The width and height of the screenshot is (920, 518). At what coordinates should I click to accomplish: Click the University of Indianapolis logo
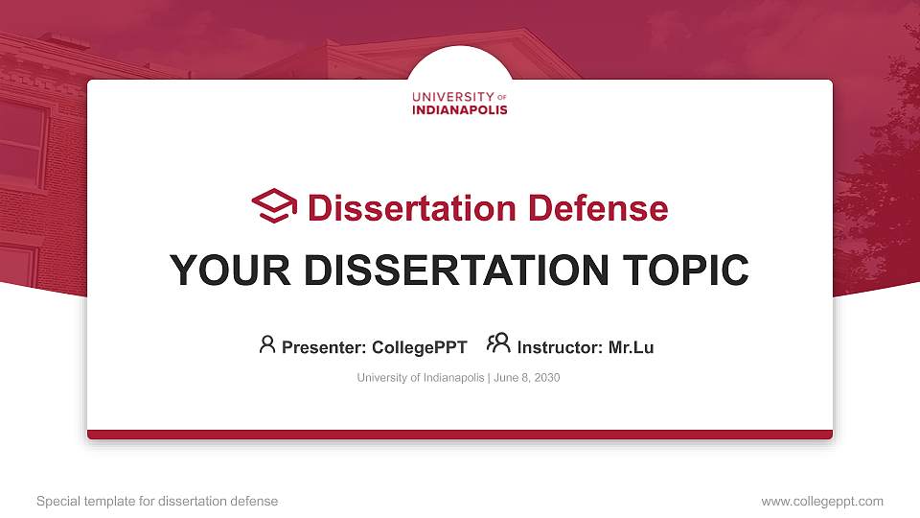click(x=460, y=103)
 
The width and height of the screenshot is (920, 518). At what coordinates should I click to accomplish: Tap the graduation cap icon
click(x=274, y=206)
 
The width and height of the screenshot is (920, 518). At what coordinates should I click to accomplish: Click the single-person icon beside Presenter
click(x=267, y=344)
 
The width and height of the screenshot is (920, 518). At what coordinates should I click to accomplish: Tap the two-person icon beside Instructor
click(x=498, y=343)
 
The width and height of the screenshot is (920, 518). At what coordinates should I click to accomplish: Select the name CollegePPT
click(x=421, y=347)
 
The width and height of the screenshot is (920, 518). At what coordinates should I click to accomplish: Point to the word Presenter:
click(x=322, y=347)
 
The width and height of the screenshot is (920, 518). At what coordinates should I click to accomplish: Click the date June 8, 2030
click(x=527, y=378)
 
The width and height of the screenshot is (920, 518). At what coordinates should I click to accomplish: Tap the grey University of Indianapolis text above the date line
click(x=421, y=378)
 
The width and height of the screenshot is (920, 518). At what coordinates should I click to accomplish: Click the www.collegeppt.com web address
click(x=822, y=501)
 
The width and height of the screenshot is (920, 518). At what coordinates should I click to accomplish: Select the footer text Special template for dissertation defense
click(x=157, y=501)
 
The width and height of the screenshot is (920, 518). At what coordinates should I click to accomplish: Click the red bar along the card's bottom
click(x=460, y=435)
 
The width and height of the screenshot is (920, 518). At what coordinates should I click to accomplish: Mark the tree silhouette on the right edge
click(x=882, y=192)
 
